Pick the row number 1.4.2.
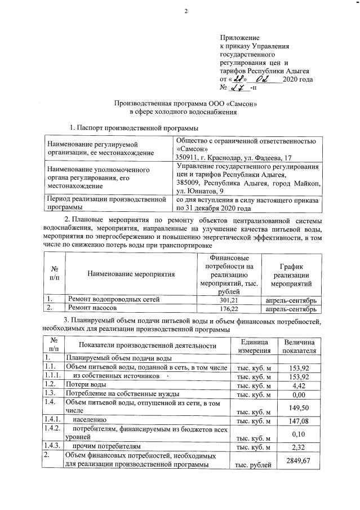52,429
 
